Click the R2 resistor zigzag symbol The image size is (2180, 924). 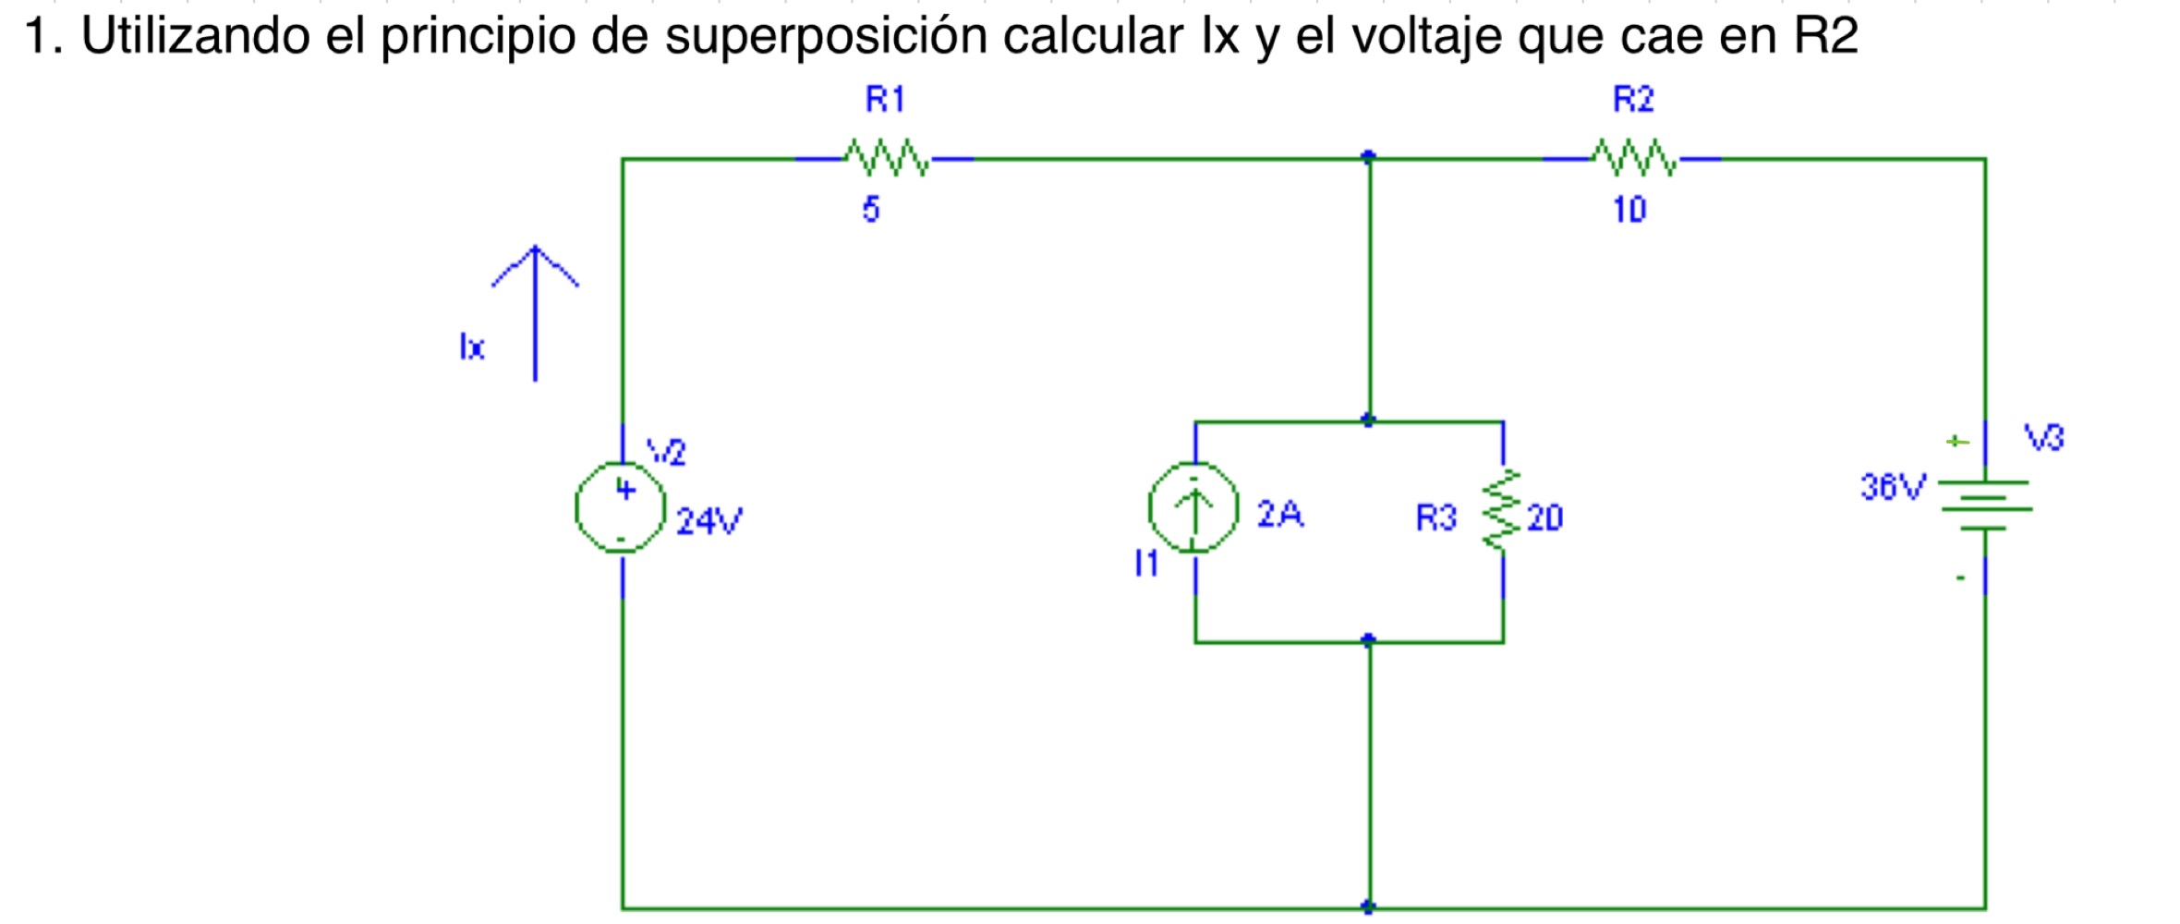tap(1633, 159)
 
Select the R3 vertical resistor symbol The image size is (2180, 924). tap(1502, 510)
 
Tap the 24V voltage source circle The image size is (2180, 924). tap(621, 507)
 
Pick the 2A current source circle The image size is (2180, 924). tap(1193, 507)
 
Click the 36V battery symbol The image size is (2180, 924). tap(1984, 505)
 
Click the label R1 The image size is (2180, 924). tap(885, 100)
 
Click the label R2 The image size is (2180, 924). tap(1633, 100)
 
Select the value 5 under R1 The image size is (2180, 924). tap(871, 210)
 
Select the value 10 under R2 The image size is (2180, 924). tap(1629, 210)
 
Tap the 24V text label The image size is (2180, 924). tap(708, 522)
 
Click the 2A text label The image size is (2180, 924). tap(1279, 514)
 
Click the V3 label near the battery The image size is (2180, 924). tap(2043, 437)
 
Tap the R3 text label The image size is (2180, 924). tap(1435, 518)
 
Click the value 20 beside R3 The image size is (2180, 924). tap(1544, 518)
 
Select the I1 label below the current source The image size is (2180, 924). tap(1146, 563)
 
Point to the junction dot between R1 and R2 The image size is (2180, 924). tap(1368, 157)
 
